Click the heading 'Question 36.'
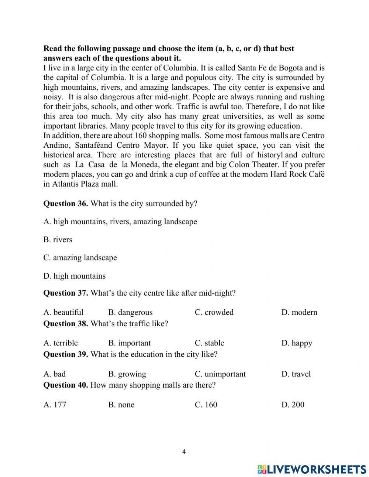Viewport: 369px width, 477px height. coord(65,204)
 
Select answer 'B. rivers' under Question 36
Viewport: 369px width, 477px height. coord(58,240)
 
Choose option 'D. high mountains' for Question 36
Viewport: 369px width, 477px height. coord(74,276)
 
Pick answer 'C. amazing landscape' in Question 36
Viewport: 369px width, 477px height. coord(80,258)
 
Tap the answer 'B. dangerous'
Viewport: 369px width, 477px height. coord(130,313)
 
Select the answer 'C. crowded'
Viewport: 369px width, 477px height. coord(214,313)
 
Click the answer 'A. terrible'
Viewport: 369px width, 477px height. coord(61,343)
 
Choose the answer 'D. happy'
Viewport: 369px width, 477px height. coord(297,343)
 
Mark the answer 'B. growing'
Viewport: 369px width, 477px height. coord(127,374)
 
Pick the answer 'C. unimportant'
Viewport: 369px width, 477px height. coord(220,374)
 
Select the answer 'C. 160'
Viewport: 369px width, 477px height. coord(206,405)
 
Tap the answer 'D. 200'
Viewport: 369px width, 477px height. coord(293,405)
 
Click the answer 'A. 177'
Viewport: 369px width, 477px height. coord(55,405)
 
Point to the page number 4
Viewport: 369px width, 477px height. coord(184,452)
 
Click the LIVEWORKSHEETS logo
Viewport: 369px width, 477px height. coord(312,469)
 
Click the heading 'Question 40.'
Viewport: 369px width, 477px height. coord(65,385)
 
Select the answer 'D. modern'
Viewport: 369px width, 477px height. coord(299,313)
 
